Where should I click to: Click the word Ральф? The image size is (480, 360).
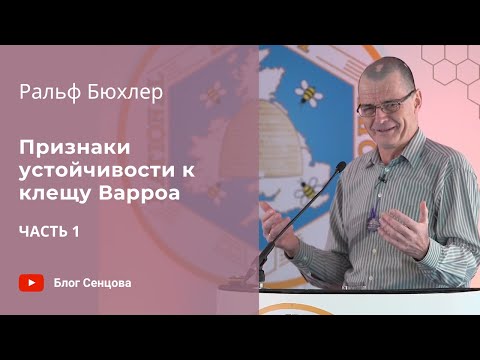tap(49, 95)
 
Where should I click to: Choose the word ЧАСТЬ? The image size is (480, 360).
tap(42, 232)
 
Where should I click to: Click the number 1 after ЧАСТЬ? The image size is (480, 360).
tap(76, 232)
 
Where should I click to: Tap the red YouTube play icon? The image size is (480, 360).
tap(31, 282)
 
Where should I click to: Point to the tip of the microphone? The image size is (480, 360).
tap(341, 165)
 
